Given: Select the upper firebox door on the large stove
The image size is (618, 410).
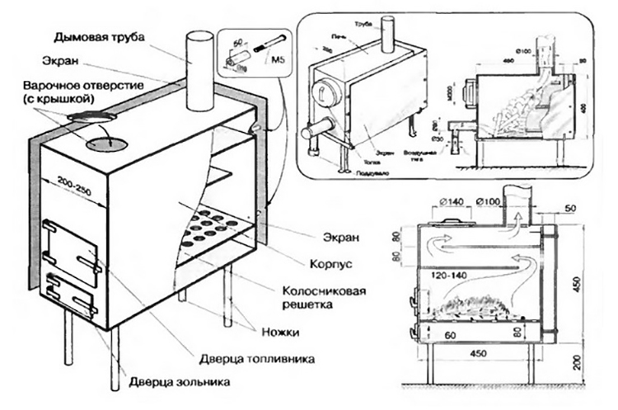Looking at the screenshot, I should click(x=70, y=243).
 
